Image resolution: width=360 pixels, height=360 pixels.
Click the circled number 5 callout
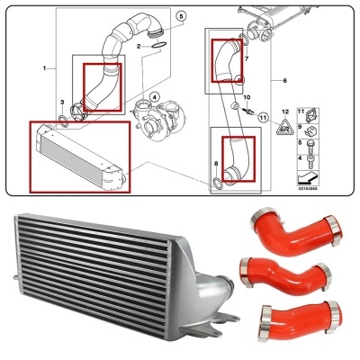click(x=179, y=16)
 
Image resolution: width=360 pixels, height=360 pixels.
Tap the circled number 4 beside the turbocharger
click(x=154, y=98)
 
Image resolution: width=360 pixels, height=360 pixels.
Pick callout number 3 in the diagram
click(x=61, y=103)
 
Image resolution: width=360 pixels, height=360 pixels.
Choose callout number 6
click(x=284, y=81)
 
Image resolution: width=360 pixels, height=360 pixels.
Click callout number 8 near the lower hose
click(x=216, y=163)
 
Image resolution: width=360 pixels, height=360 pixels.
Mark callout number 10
click(x=247, y=95)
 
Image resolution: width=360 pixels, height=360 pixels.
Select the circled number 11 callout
click(x=263, y=116)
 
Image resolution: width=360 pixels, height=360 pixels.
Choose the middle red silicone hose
click(x=279, y=274)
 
